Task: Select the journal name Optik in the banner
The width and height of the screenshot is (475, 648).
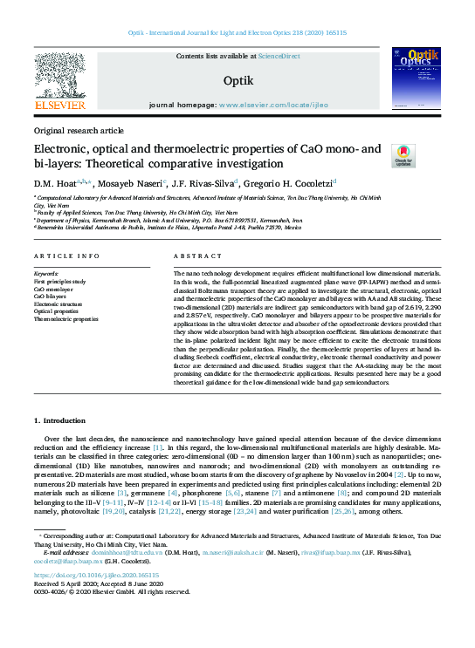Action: pos(237,80)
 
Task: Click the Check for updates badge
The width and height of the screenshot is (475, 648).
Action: pos(403,155)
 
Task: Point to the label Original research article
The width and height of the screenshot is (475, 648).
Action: pos(79,129)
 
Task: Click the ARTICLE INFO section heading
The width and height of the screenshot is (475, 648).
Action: pos(65,256)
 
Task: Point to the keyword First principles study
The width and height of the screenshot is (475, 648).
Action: pos(60,280)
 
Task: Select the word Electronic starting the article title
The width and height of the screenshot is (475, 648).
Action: pos(61,148)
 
